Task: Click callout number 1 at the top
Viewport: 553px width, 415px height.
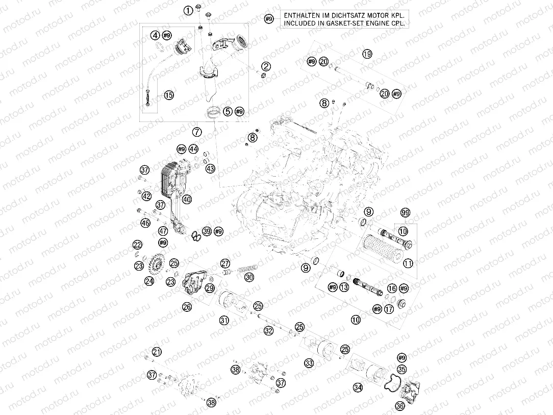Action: click(189, 10)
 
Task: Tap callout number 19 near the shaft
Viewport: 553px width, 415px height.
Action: click(367, 54)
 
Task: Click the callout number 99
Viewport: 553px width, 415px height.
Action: click(406, 212)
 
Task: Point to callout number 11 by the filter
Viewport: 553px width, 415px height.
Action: click(408, 263)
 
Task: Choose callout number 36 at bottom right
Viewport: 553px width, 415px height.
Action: click(400, 406)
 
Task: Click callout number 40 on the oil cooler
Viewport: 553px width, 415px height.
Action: click(187, 200)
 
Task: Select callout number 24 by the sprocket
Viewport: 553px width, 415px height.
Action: click(149, 281)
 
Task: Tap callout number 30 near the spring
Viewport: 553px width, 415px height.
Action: click(248, 277)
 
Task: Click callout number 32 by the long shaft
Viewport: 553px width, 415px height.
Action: click(269, 331)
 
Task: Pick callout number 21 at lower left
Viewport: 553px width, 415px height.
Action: click(157, 351)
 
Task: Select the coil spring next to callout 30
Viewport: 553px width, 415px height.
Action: click(248, 267)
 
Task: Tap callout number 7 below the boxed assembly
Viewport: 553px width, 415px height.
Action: click(197, 132)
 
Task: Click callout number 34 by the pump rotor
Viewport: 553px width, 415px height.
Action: click(359, 388)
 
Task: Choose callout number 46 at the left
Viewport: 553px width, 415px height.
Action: click(146, 223)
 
